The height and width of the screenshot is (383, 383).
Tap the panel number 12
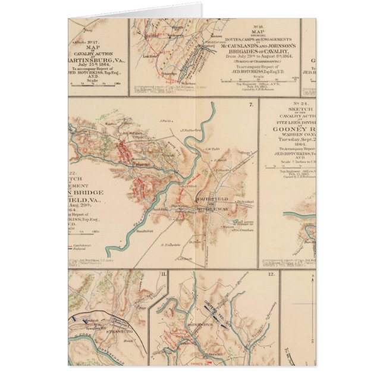pos(271,274)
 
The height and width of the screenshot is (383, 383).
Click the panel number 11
pos(163,274)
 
